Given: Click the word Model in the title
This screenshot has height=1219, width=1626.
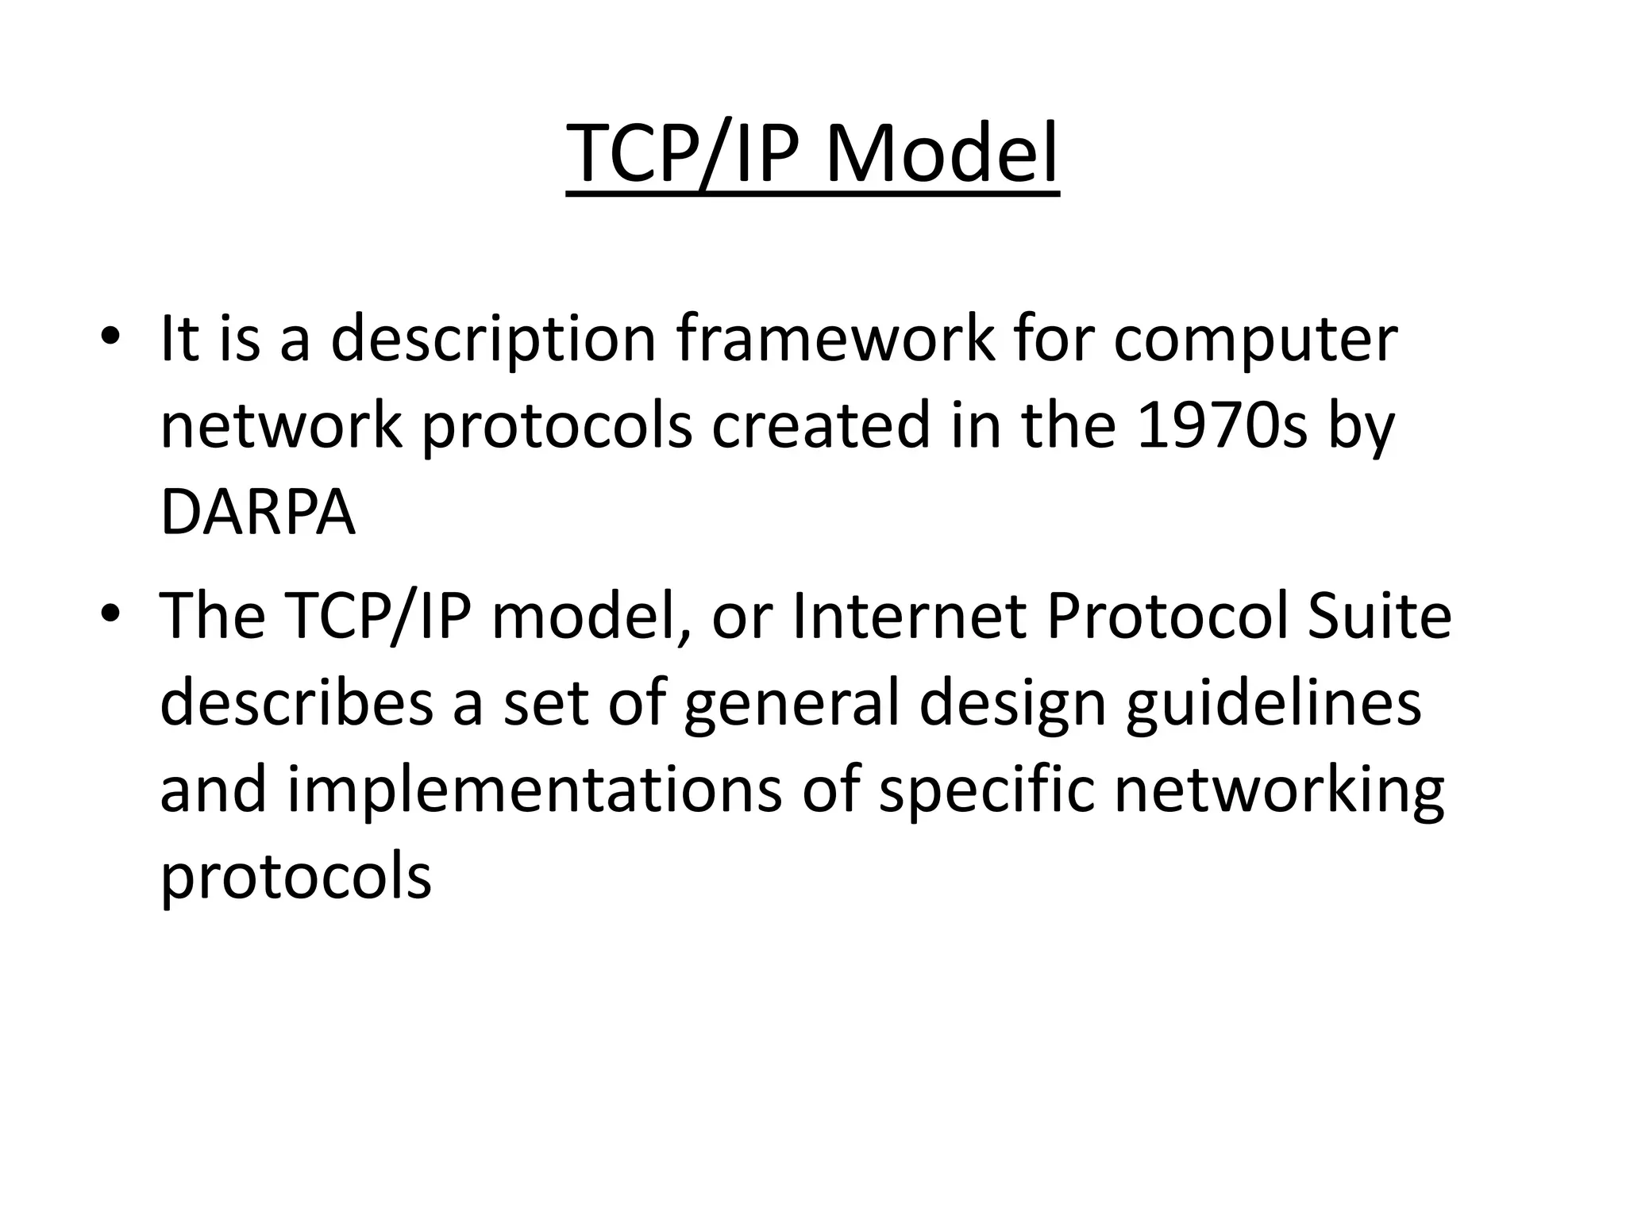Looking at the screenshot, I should point(941,152).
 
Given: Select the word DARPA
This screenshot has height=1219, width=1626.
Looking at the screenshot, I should point(257,513).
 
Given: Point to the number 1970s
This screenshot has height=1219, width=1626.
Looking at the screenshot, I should point(1221,425).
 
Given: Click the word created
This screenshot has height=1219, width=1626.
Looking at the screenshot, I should point(820,425).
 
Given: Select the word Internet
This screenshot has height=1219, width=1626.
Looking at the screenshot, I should point(910,617).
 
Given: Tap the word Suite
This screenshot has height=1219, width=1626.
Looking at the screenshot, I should point(1379,617).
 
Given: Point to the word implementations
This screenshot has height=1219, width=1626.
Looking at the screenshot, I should point(534,792).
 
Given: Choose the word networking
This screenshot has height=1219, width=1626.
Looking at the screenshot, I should point(1279,792).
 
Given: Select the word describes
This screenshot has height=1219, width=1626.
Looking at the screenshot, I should point(297,703).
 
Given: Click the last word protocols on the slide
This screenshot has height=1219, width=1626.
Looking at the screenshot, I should point(295,879).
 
